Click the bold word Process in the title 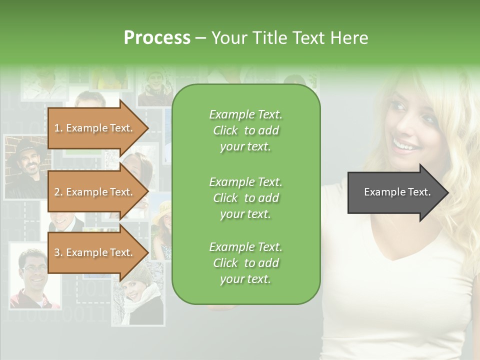coord(157,37)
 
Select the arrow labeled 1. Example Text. coord(95,128)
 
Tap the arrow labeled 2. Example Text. coord(95,192)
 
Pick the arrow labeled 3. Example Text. coord(95,252)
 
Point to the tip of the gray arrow coord(447,192)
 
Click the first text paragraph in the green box coord(245,130)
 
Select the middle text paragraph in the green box coord(245,198)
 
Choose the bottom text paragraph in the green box coord(245,263)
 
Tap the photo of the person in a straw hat coord(162,227)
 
